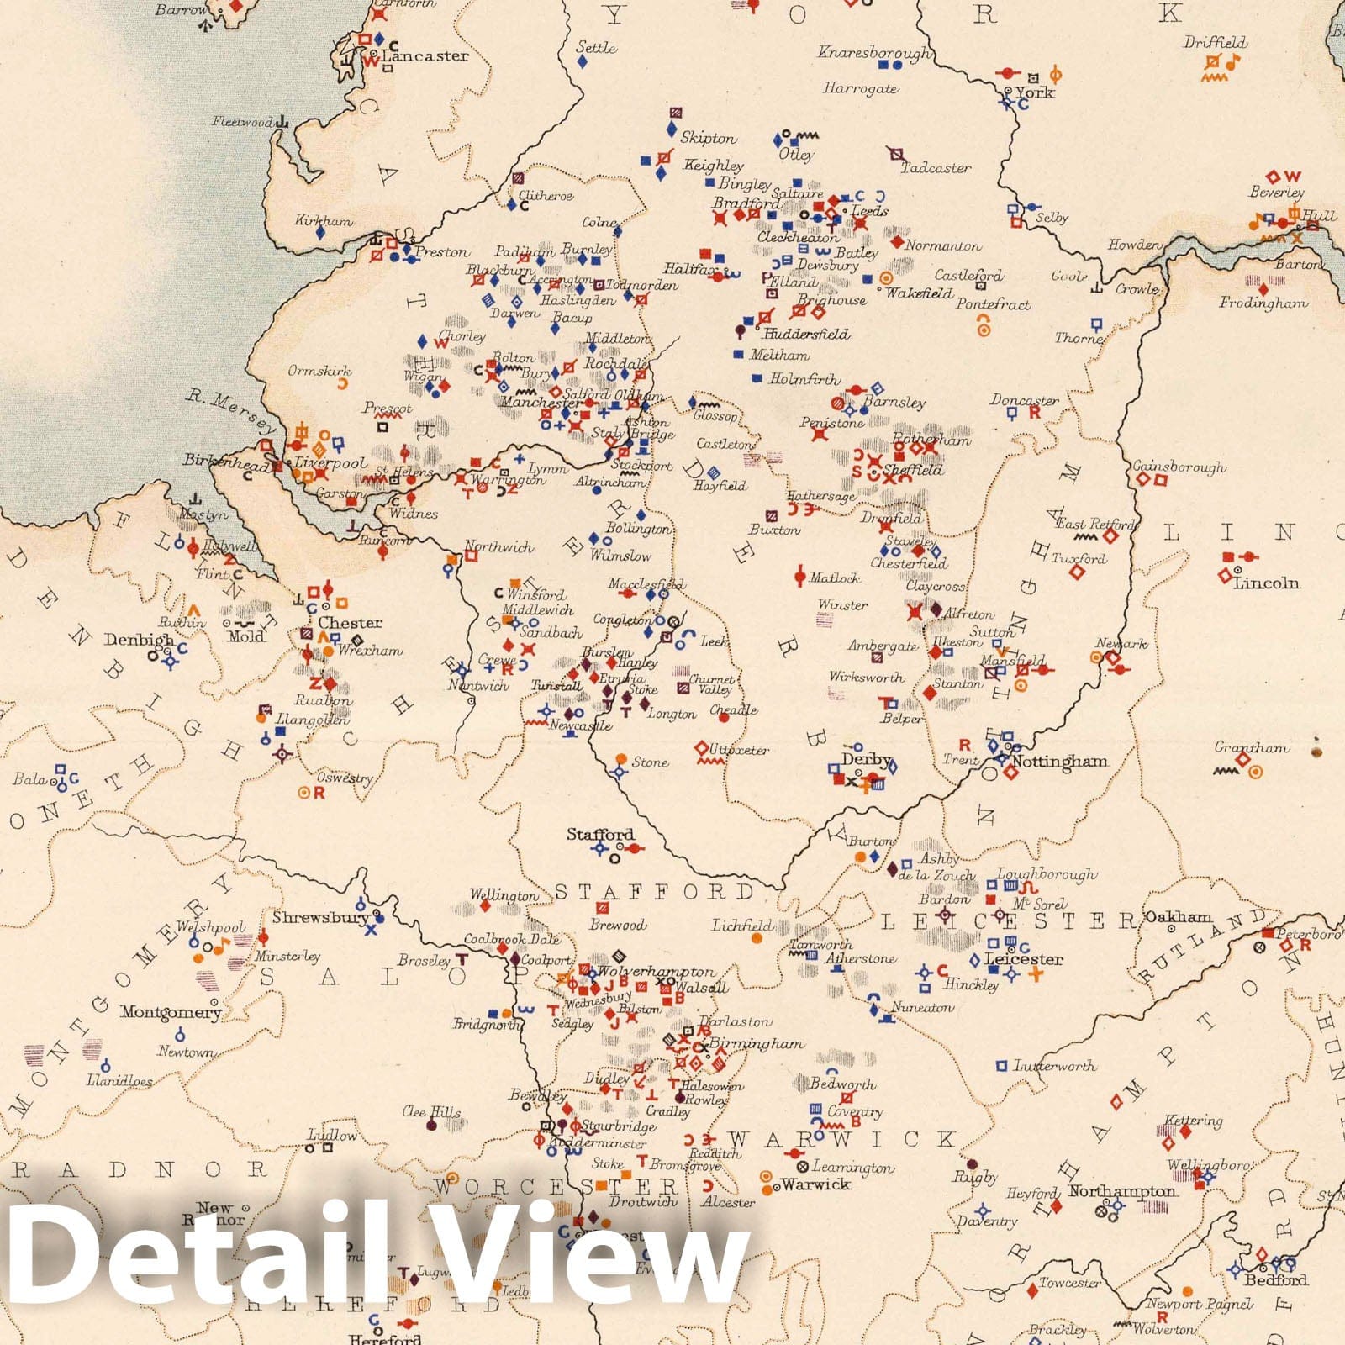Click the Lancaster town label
click(425, 55)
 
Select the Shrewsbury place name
click(319, 917)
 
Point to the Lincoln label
click(1266, 583)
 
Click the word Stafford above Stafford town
click(600, 834)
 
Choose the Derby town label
click(866, 759)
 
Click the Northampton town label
click(1122, 1191)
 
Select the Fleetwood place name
click(242, 122)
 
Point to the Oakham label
click(1179, 917)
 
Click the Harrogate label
click(861, 88)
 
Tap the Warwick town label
click(815, 1184)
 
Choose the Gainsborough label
click(1179, 467)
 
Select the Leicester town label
click(1024, 958)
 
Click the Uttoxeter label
click(740, 749)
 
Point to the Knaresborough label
click(874, 52)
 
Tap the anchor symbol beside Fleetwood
click(283, 123)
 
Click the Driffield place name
click(1216, 42)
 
